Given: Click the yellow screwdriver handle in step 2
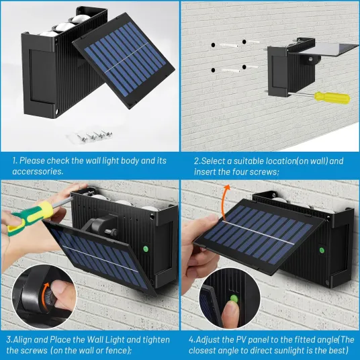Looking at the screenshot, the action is [332, 97].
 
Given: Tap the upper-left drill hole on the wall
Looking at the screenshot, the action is [214, 45].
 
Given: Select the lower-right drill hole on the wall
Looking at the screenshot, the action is [244, 67].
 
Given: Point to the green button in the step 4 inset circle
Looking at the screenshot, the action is [234, 298].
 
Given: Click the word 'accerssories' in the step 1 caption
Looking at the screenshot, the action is [38, 171].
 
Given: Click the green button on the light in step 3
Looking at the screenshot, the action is [145, 249].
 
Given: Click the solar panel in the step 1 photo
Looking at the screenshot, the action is [124, 60].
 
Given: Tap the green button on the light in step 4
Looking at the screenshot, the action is [322, 251].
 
